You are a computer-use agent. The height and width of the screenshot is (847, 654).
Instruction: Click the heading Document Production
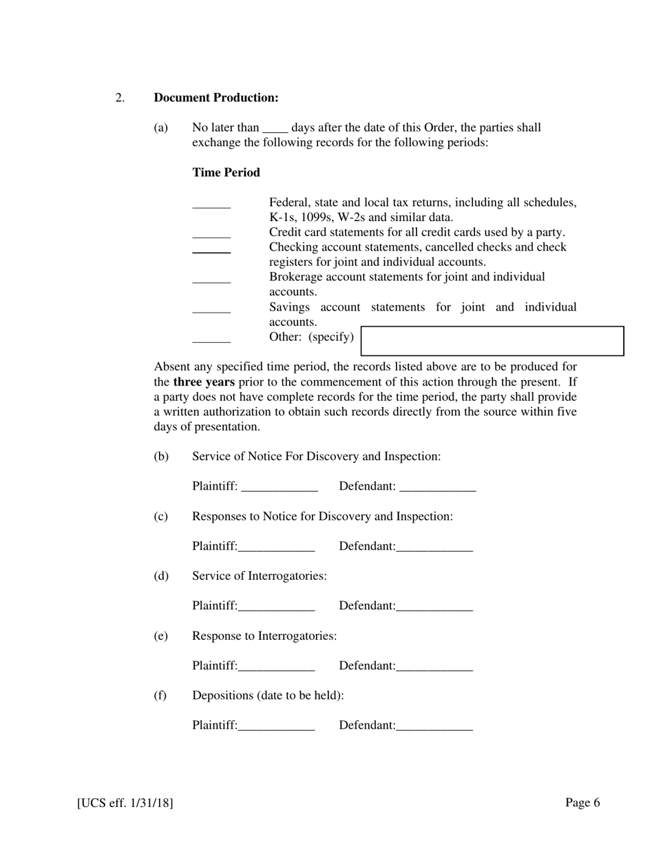(x=216, y=98)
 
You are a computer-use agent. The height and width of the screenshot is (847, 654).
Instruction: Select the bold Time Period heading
(x=226, y=173)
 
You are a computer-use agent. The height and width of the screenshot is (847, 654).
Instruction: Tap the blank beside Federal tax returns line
(x=211, y=205)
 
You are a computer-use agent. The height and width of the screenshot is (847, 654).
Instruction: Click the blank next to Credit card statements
(x=211, y=235)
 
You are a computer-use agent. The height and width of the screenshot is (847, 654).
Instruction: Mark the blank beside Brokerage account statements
(x=211, y=280)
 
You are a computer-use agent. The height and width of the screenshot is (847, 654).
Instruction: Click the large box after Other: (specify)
(x=492, y=341)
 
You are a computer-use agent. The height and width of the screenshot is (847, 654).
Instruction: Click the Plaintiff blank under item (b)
(x=279, y=488)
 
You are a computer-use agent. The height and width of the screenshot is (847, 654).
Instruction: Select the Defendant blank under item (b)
(x=438, y=488)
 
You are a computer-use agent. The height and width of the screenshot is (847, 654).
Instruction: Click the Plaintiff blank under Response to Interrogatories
(x=276, y=667)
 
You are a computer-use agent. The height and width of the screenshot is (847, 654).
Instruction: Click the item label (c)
(x=160, y=516)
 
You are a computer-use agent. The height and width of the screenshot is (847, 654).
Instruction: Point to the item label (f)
(x=160, y=696)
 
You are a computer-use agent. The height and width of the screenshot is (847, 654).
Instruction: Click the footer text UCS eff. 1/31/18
(x=125, y=803)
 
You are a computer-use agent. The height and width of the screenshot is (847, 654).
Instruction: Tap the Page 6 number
(x=582, y=802)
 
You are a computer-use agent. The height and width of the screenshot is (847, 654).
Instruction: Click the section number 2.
(x=120, y=98)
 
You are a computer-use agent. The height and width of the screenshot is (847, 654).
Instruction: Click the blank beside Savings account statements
(x=211, y=310)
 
